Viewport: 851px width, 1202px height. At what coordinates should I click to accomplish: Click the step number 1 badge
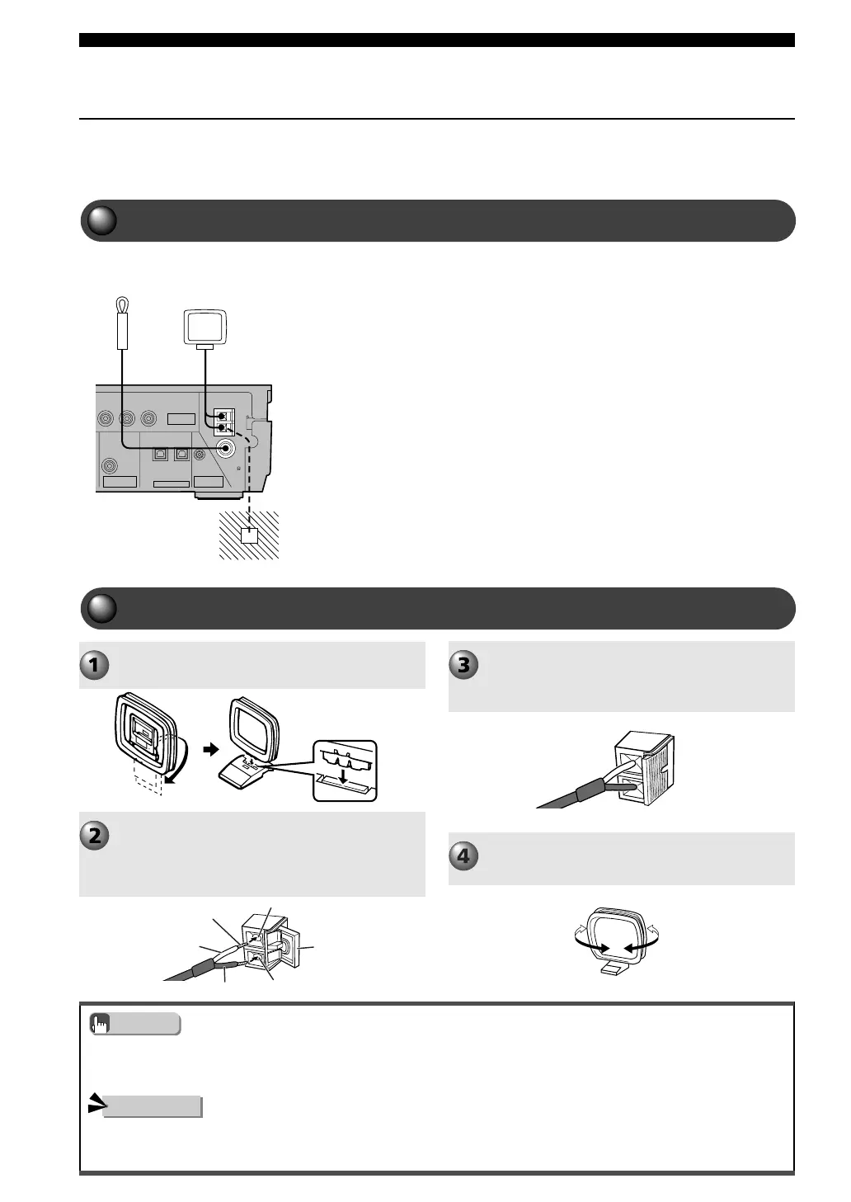click(x=94, y=664)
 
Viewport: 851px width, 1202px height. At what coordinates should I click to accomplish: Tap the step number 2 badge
click(x=94, y=835)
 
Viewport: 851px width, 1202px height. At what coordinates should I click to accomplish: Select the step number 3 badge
click(x=463, y=664)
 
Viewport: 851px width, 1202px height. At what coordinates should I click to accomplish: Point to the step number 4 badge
click(x=463, y=856)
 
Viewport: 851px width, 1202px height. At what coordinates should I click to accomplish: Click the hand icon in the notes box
click(x=101, y=1024)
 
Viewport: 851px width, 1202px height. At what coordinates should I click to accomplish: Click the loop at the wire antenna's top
click(x=121, y=306)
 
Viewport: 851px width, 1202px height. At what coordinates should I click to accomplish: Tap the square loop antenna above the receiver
click(x=205, y=326)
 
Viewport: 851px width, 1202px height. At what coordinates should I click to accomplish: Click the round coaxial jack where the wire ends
click(x=225, y=448)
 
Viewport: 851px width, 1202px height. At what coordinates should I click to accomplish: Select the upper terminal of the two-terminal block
click(x=222, y=416)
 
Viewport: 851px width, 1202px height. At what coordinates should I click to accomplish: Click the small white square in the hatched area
click(x=249, y=535)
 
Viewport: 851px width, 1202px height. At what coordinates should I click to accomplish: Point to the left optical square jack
click(x=161, y=454)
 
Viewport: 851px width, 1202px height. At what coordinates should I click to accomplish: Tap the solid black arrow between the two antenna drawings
click(x=211, y=750)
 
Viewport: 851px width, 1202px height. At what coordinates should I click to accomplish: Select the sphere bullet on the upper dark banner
click(x=101, y=220)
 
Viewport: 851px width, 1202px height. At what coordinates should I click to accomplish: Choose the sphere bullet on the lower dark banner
click(x=101, y=608)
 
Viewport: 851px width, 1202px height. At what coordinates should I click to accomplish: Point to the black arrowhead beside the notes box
click(x=96, y=1104)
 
